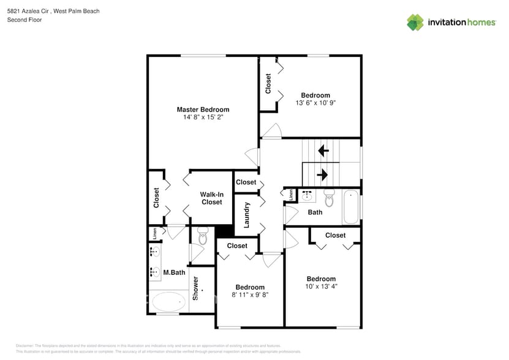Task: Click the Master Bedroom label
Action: tap(203, 110)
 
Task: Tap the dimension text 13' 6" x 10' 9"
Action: tap(315, 103)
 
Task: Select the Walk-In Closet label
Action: tap(212, 198)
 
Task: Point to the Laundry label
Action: tap(247, 215)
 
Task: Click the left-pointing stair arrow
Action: tap(323, 150)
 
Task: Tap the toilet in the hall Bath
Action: tap(330, 198)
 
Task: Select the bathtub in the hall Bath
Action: tap(351, 207)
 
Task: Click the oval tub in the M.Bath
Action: tap(168, 302)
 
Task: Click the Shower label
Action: tap(196, 288)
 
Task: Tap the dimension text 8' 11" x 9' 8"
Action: tap(250, 294)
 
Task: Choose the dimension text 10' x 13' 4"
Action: tap(322, 286)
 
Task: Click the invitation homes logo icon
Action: tap(415, 22)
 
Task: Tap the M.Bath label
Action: tap(174, 272)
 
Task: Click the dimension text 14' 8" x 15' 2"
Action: tap(203, 117)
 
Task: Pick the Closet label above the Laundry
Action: tap(246, 182)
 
